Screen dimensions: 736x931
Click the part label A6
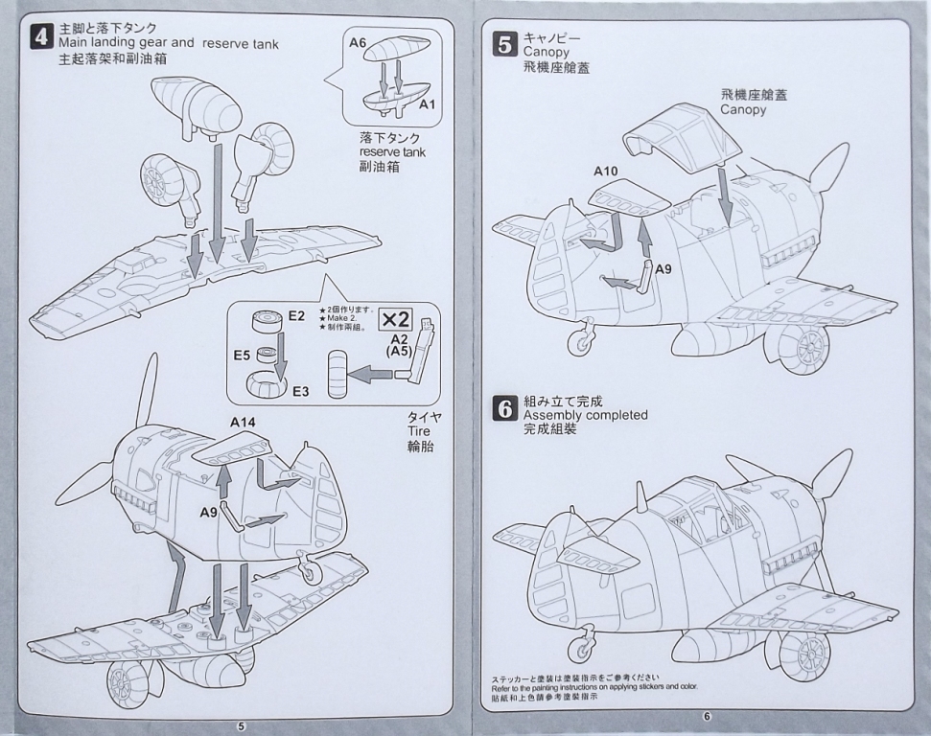(359, 42)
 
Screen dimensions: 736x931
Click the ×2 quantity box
(395, 319)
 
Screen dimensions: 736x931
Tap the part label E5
(242, 356)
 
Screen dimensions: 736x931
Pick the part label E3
(300, 391)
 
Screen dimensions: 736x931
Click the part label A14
(244, 422)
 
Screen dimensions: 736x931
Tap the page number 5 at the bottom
(241, 725)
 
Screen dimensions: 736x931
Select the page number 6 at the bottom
(706, 716)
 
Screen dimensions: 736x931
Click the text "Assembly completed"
(585, 415)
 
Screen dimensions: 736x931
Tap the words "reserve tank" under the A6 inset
(392, 152)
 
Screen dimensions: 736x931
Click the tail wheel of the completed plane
(580, 651)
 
